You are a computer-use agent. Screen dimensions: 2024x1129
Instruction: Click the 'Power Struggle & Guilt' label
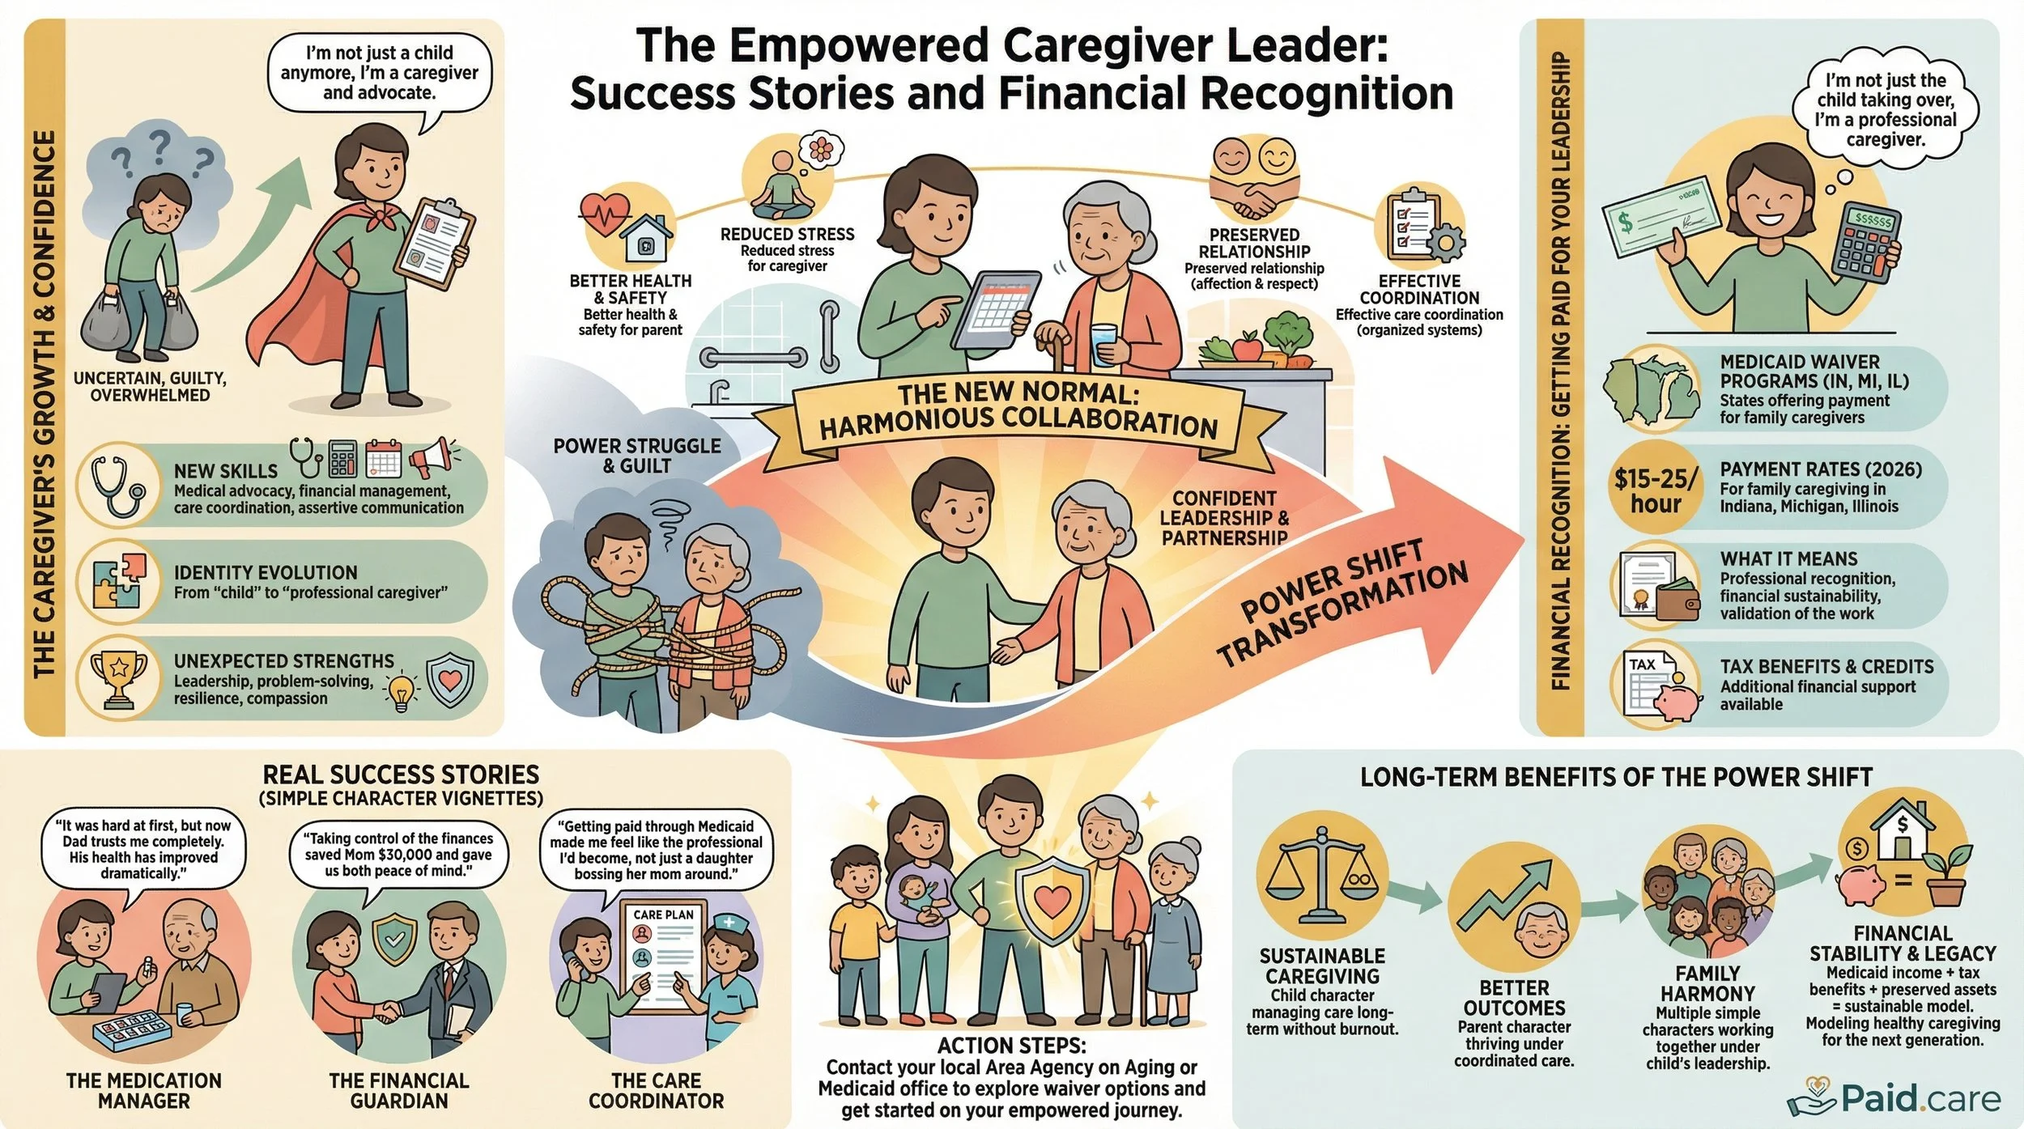(636, 456)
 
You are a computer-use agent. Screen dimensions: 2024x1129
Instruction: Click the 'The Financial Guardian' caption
(398, 1090)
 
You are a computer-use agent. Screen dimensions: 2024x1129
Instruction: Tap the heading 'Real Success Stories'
(401, 775)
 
